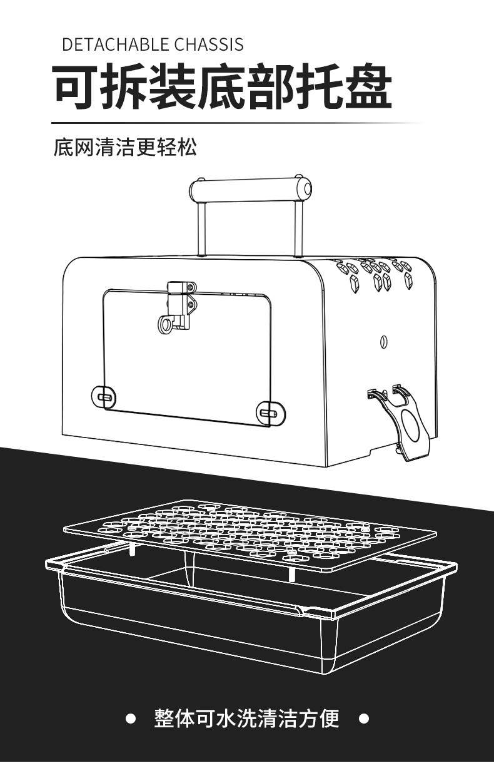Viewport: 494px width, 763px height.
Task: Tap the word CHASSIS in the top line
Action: pyautogui.click(x=209, y=44)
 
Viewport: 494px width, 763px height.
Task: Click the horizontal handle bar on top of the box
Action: pyautogui.click(x=250, y=188)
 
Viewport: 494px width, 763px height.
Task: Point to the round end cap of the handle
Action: pyautogui.click(x=305, y=188)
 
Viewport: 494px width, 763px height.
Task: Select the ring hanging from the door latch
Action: pyautogui.click(x=166, y=325)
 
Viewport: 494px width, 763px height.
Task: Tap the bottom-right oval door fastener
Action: pyautogui.click(x=270, y=412)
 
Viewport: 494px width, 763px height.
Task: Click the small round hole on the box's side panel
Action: pyautogui.click(x=383, y=341)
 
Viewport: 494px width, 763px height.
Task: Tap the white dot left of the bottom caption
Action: pyautogui.click(x=131, y=719)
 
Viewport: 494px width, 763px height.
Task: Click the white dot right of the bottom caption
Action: pyautogui.click(x=364, y=719)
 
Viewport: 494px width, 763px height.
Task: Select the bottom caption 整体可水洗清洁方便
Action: pyautogui.click(x=246, y=719)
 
